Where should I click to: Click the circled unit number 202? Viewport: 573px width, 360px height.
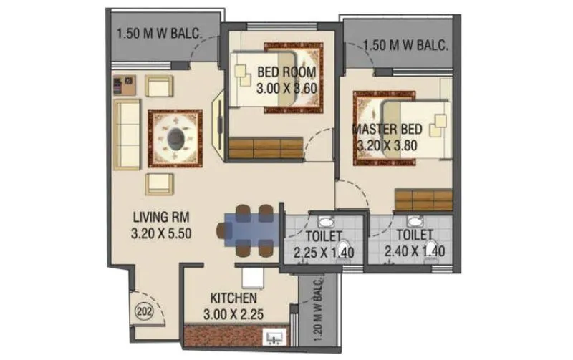pos(142,311)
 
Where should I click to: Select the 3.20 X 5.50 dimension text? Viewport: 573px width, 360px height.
pos(161,233)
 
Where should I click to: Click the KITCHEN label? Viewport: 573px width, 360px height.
pos(233,298)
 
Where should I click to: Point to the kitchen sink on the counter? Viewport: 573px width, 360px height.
pos(274,336)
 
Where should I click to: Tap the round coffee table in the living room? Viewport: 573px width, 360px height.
pos(175,137)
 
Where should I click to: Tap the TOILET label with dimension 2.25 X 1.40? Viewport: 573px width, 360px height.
pos(317,235)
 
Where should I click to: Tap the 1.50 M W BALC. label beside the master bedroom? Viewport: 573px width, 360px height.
pos(405,45)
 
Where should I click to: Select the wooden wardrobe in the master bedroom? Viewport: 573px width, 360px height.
pos(423,200)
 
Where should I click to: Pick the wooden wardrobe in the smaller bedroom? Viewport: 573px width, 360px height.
pos(265,149)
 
